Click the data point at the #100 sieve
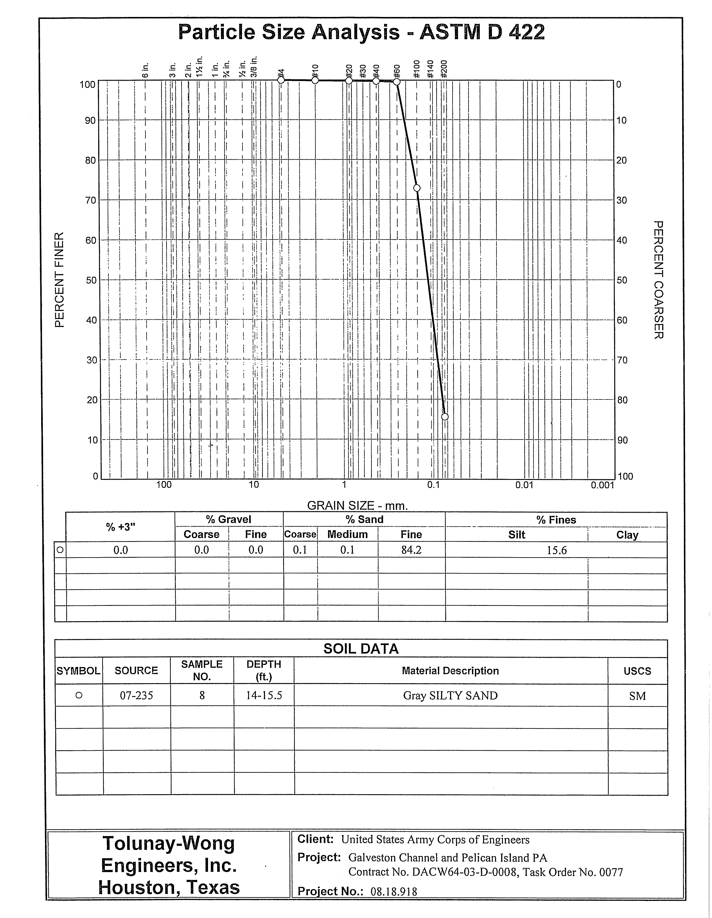pos(417,188)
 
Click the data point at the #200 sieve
pos(445,416)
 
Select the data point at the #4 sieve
pos(281,80)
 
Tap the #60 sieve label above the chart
pos(396,70)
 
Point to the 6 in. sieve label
pos(145,70)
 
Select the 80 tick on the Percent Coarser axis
pos(621,400)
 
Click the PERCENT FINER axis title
pos(60,280)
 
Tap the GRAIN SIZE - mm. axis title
pos(357,505)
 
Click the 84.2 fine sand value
pos(411,550)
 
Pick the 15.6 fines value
pos(557,550)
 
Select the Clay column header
pos(627,535)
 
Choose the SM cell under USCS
pos(637,696)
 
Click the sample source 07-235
pos(137,696)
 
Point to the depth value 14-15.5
pos(264,696)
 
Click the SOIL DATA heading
pos(361,648)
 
